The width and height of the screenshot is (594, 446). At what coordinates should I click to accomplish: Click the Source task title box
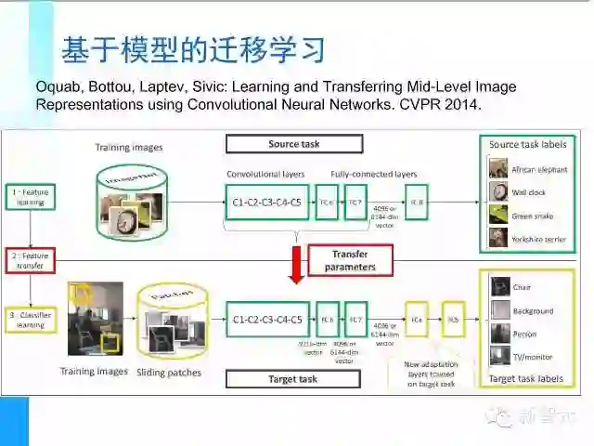[292, 144]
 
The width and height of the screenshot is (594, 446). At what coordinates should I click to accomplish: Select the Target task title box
[292, 379]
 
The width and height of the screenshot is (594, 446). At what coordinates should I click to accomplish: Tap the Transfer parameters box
[350, 260]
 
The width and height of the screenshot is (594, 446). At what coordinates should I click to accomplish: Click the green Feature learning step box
[31, 196]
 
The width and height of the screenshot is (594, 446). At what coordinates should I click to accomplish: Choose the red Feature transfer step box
[31, 260]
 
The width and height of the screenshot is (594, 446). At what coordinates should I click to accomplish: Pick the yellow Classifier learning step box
[31, 320]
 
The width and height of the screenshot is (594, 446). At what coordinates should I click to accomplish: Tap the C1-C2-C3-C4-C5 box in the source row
[265, 202]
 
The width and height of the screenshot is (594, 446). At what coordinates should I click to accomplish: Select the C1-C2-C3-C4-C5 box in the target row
[265, 320]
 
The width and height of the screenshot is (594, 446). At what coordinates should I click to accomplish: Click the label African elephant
[538, 170]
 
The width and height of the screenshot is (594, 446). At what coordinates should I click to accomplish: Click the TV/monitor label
[533, 357]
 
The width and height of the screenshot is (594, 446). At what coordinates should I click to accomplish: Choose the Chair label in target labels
[522, 287]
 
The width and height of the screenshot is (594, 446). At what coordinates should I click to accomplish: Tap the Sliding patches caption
[170, 373]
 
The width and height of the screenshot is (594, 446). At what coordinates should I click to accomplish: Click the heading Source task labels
[527, 144]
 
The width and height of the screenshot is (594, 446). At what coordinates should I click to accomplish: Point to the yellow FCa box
[417, 320]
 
